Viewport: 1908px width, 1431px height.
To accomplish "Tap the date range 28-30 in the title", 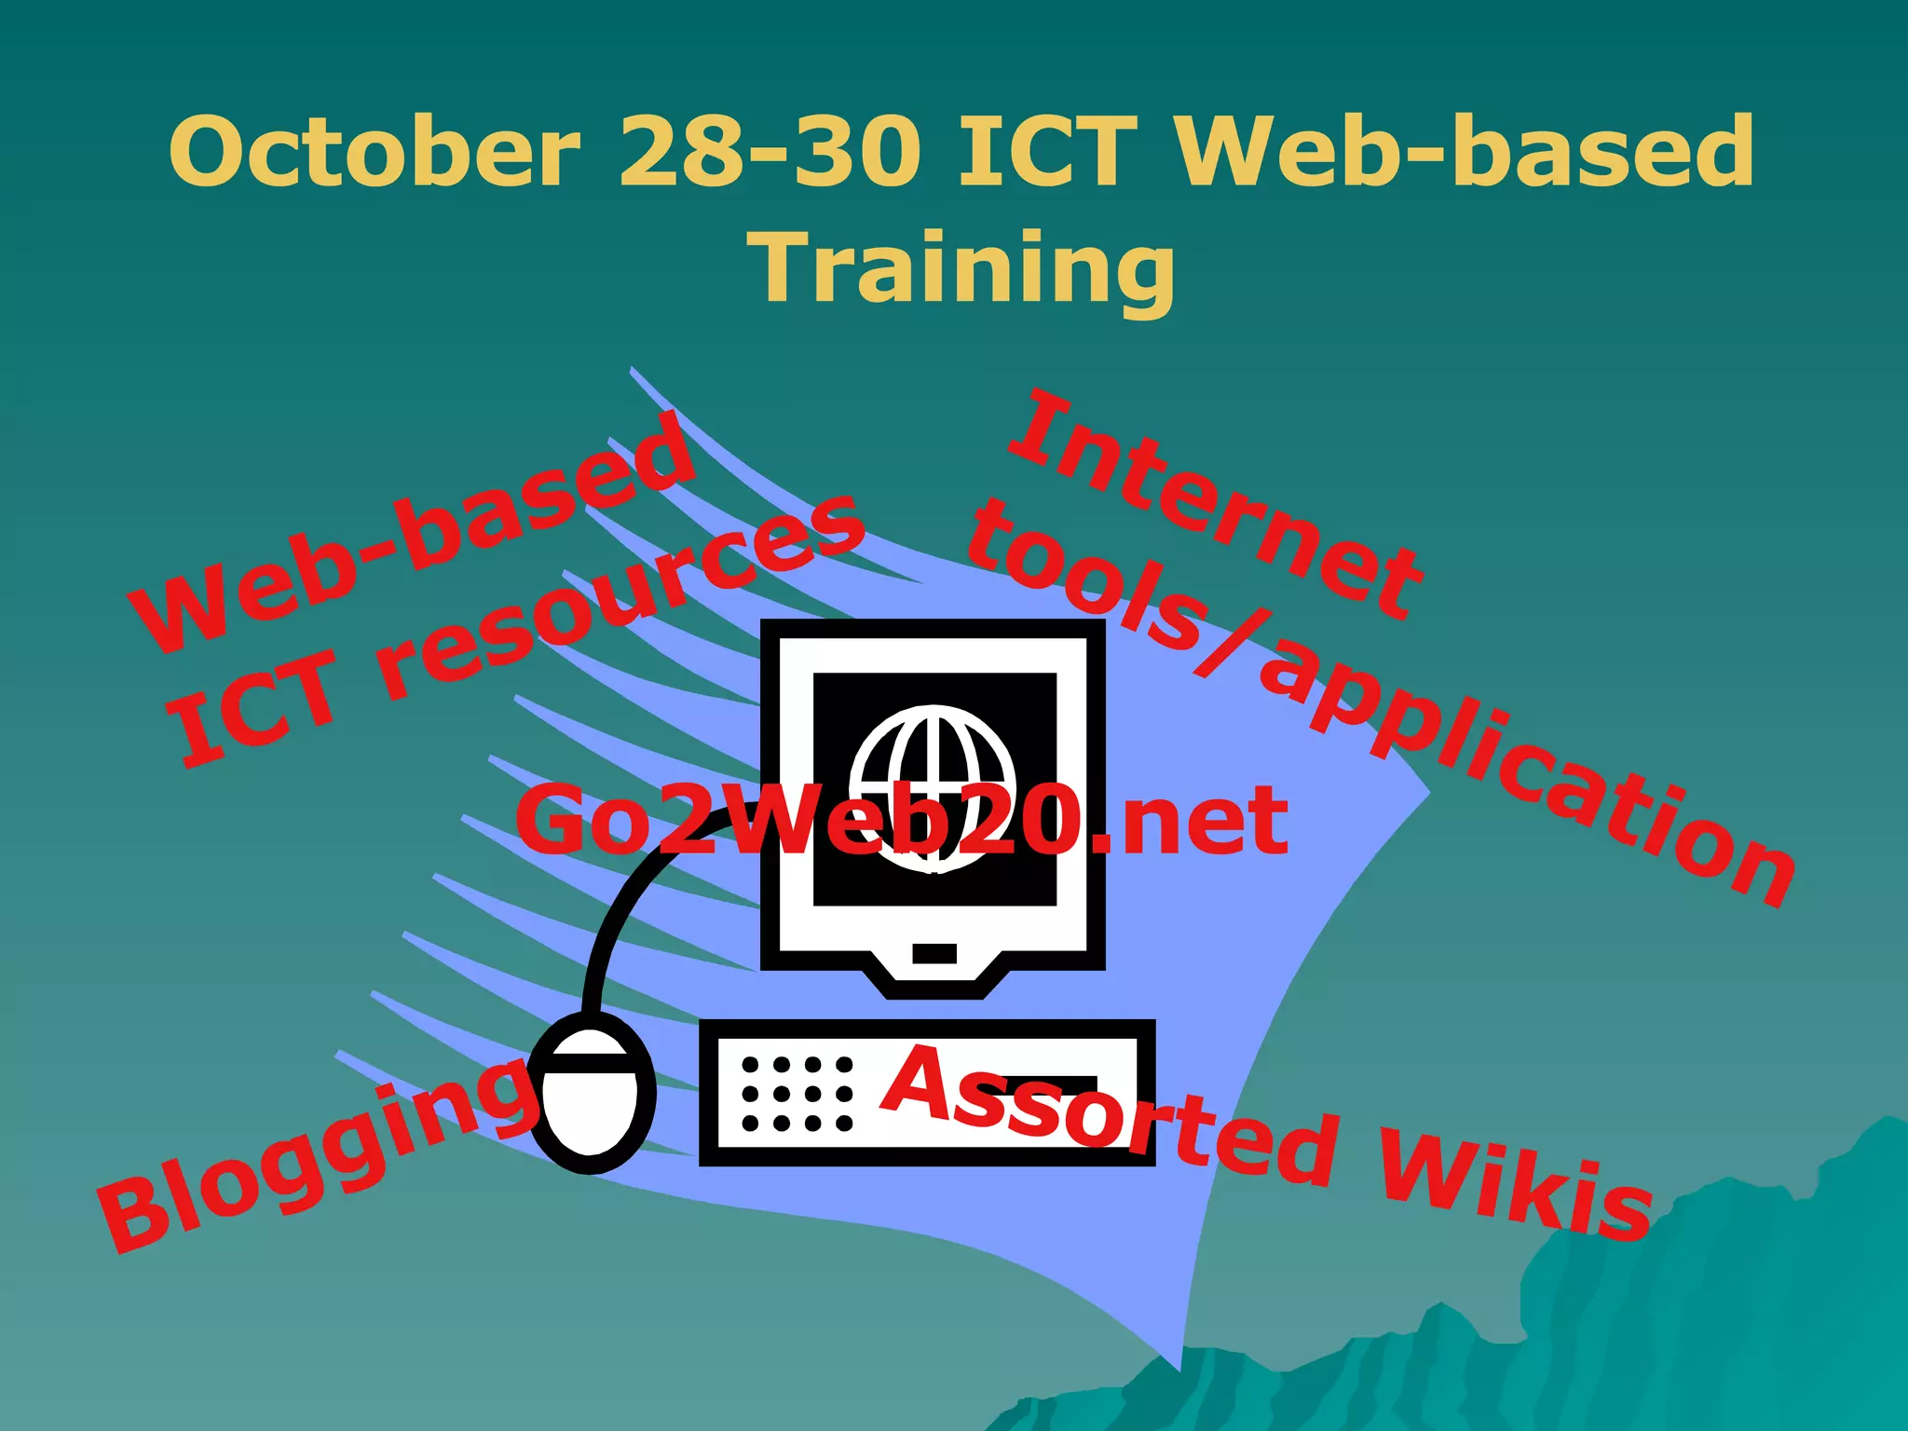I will click(770, 152).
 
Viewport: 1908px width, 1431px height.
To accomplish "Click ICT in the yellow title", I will click(1049, 152).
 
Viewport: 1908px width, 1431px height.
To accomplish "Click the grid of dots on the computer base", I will click(797, 1094).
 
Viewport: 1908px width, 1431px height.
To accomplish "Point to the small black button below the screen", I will click(935, 953).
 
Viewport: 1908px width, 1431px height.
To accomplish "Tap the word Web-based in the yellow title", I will click(1463, 152).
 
